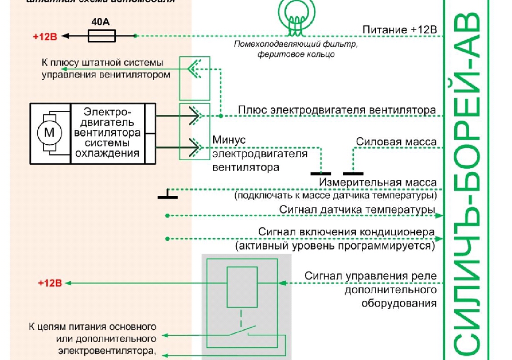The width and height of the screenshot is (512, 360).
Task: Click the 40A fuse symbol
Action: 102,36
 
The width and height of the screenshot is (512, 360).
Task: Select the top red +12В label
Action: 45,36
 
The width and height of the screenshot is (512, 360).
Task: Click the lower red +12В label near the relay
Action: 49,283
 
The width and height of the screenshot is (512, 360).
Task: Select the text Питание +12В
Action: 399,30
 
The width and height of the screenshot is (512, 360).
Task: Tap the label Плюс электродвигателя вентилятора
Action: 337,110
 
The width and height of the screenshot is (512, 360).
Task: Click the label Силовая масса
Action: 396,142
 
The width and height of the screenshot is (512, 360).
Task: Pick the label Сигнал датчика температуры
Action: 357,210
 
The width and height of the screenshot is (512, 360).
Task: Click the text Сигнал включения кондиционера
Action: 346,232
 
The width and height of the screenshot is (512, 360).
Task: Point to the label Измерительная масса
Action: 378,182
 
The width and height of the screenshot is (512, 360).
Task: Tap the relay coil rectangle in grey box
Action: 242,287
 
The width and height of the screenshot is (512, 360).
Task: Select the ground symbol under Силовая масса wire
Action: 353,173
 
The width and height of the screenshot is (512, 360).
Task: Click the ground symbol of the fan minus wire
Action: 321,173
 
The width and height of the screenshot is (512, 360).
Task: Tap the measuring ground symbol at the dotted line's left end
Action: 167,196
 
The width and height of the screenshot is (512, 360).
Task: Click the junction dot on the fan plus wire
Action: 220,116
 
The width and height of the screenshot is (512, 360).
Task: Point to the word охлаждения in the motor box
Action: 107,154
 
